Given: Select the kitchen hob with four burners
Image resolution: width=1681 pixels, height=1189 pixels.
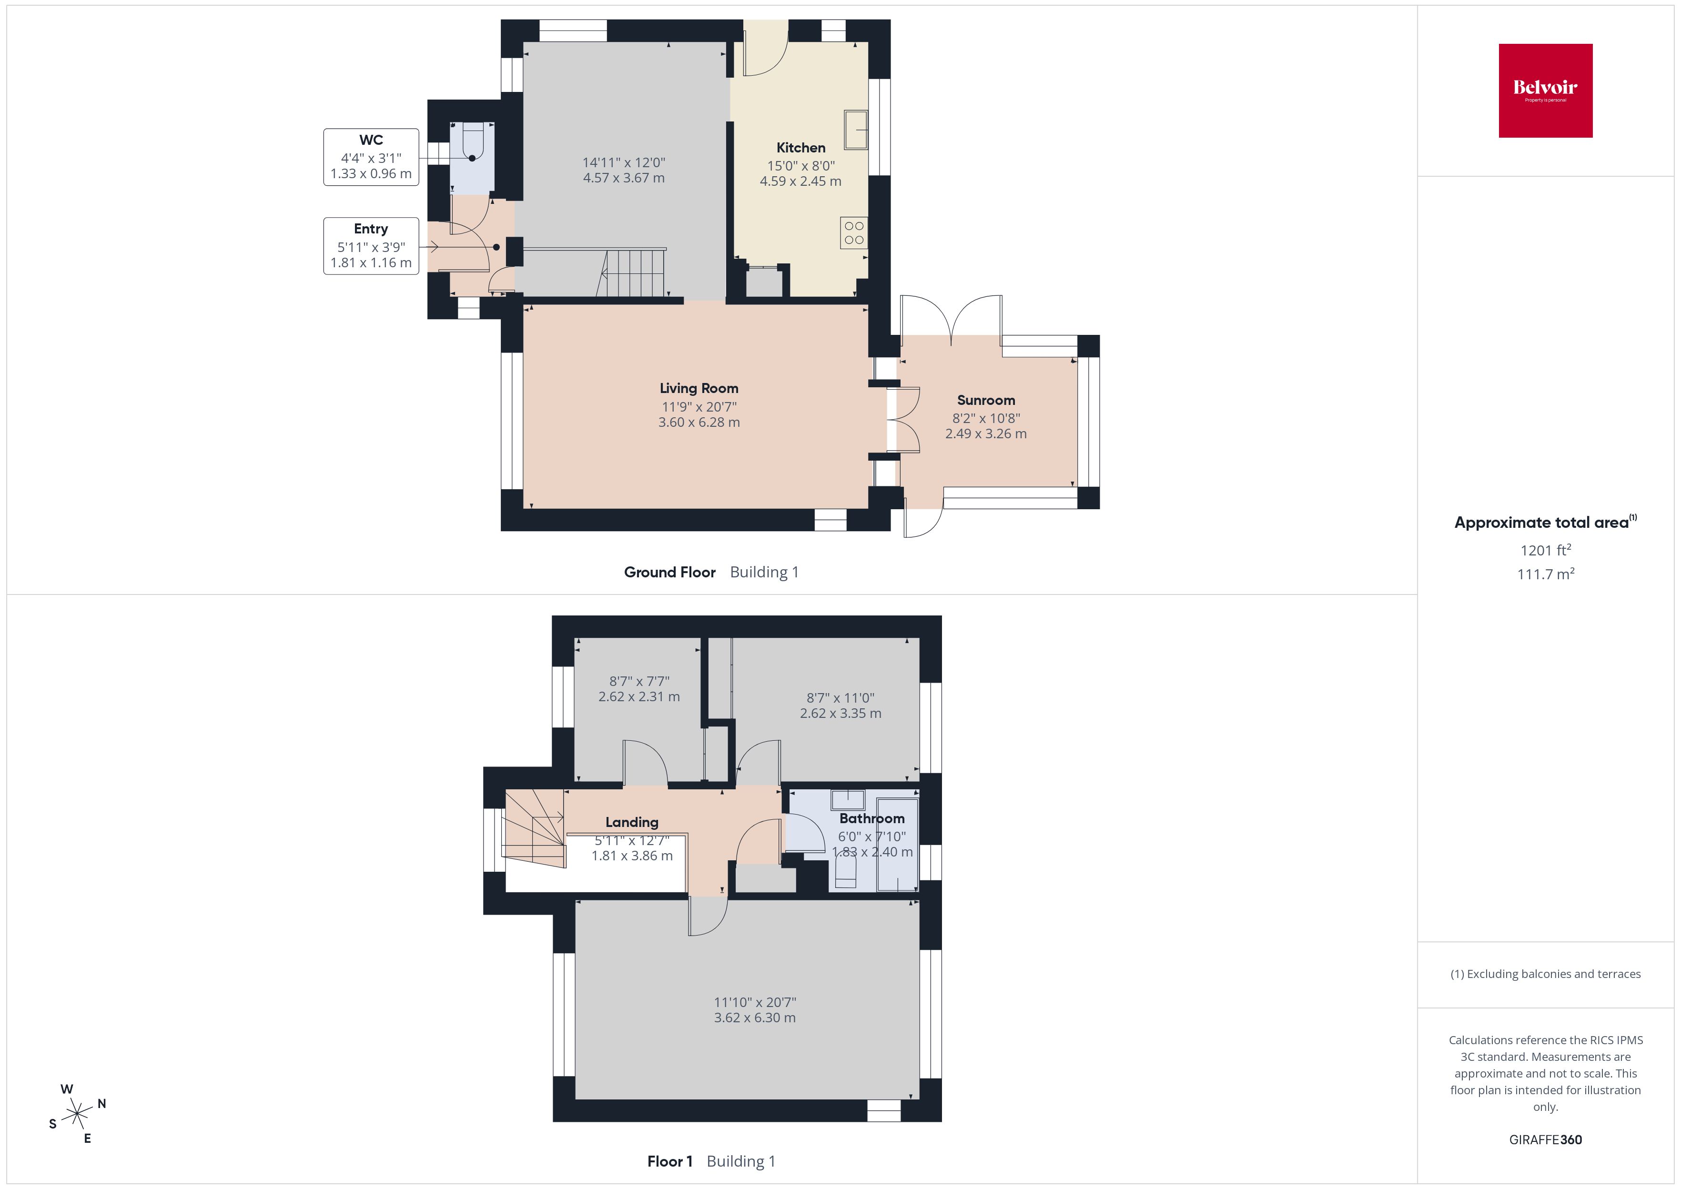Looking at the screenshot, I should (854, 233).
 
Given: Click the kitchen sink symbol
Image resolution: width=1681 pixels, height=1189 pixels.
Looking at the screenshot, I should (855, 131).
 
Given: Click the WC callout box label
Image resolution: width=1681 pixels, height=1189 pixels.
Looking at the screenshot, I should (371, 141).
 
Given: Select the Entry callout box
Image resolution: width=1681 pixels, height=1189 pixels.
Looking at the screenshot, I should (371, 246).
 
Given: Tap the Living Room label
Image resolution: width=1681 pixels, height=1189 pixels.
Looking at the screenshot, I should (699, 389).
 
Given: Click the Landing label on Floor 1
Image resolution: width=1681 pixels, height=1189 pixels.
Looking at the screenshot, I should (631, 822).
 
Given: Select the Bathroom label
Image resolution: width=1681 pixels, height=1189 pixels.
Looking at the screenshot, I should (871, 818).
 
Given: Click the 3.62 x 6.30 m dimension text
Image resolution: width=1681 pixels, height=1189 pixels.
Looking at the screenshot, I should (754, 1018).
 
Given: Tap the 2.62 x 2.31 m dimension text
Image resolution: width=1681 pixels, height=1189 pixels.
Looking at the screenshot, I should (638, 697).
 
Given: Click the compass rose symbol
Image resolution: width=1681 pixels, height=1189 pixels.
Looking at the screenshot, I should (77, 1114).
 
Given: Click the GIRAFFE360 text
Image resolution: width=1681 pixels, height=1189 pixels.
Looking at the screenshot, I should (1545, 1139).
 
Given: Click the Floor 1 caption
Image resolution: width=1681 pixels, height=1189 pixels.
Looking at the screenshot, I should (669, 1161).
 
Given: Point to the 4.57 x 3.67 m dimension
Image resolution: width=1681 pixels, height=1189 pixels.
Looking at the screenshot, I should (624, 178).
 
